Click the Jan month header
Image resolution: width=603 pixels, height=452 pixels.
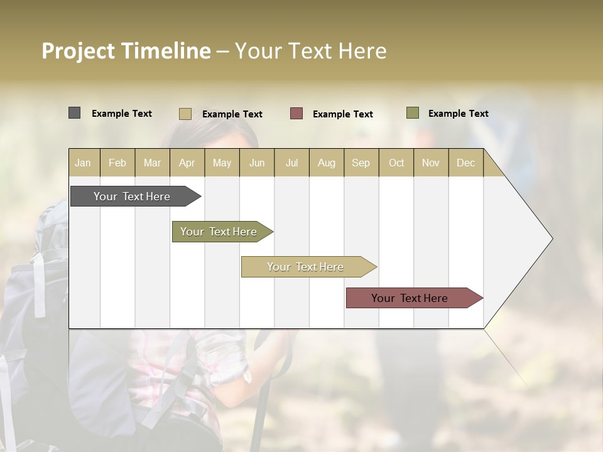pos(83,163)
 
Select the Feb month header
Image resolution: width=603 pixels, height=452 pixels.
pos(117,163)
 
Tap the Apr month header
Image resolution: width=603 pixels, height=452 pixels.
pos(187,163)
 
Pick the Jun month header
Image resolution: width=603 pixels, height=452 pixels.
pos(257,163)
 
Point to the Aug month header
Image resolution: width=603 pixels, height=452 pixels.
pos(326,163)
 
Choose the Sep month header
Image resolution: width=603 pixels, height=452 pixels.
pos(361,163)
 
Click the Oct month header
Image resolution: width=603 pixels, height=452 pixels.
pos(396,163)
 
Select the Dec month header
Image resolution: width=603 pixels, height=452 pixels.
pos(465,163)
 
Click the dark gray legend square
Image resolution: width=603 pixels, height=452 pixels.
pos(74,113)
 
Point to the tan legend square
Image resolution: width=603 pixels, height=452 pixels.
pos(185,114)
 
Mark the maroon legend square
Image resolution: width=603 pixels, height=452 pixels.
pos(296,114)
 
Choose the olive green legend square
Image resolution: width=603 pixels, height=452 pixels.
pos(412,113)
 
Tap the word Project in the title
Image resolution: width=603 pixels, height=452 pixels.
pos(79,51)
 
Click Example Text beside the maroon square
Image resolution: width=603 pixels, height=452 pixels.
pos(343,114)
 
